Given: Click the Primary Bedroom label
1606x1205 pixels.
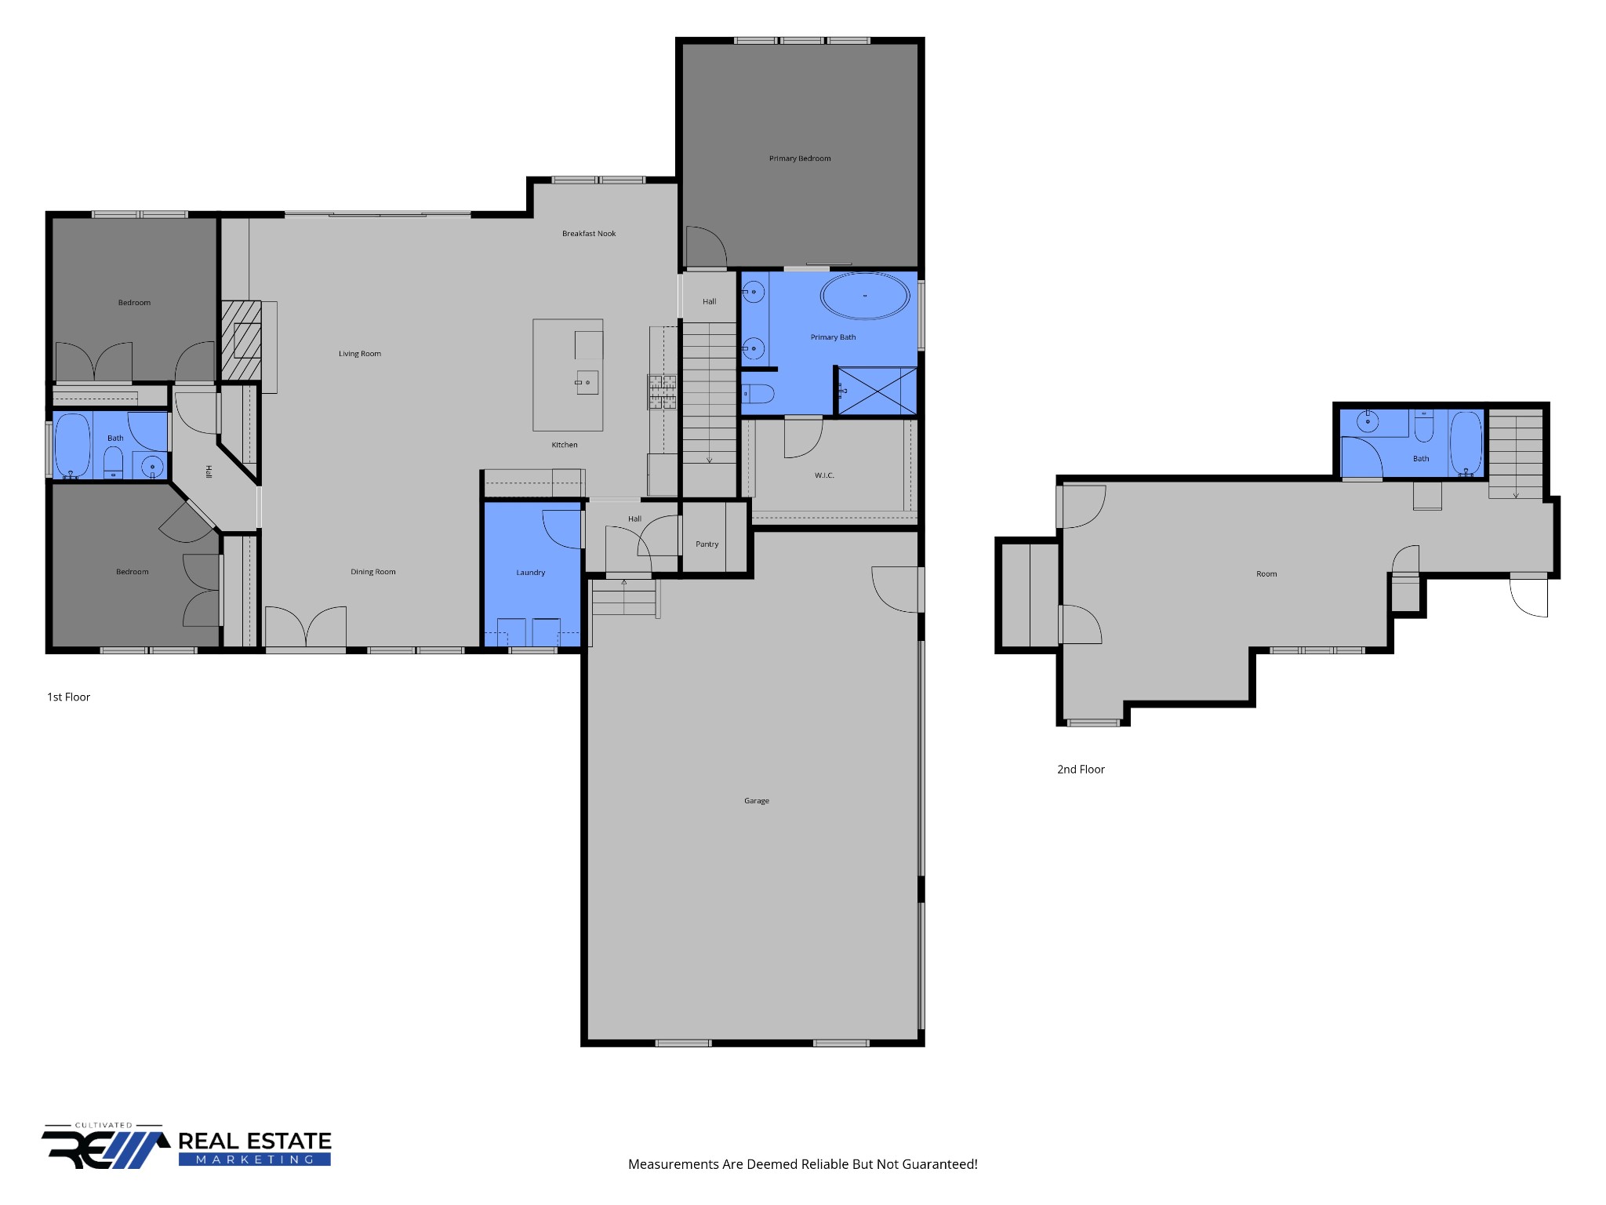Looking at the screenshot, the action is [x=800, y=158].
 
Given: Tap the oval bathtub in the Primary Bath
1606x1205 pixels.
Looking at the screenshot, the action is [x=865, y=296].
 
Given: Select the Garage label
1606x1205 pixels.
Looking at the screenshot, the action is [x=757, y=801].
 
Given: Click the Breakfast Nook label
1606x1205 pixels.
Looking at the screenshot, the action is [x=589, y=234].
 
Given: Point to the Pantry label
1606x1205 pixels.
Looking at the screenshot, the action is [x=707, y=544].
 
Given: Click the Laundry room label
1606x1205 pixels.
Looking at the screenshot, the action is [x=531, y=573].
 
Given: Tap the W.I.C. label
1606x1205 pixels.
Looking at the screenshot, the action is [x=824, y=475].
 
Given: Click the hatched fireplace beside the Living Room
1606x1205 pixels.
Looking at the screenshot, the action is [x=241, y=341].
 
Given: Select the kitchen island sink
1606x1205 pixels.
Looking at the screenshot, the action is [x=587, y=382].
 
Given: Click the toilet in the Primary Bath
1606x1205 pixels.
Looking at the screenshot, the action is [x=758, y=393].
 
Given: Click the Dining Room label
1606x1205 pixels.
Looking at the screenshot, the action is [x=373, y=572].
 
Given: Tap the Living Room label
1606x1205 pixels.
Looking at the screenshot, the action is [x=360, y=354].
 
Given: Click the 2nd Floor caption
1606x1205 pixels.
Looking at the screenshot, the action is [x=1081, y=770].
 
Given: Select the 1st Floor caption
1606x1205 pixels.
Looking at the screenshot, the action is [x=69, y=697].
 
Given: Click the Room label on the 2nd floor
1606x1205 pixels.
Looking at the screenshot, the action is [x=1266, y=574].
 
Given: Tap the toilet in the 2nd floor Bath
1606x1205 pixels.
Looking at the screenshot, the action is [x=1424, y=427].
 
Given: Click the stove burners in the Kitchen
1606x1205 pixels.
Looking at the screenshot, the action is [x=662, y=392].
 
